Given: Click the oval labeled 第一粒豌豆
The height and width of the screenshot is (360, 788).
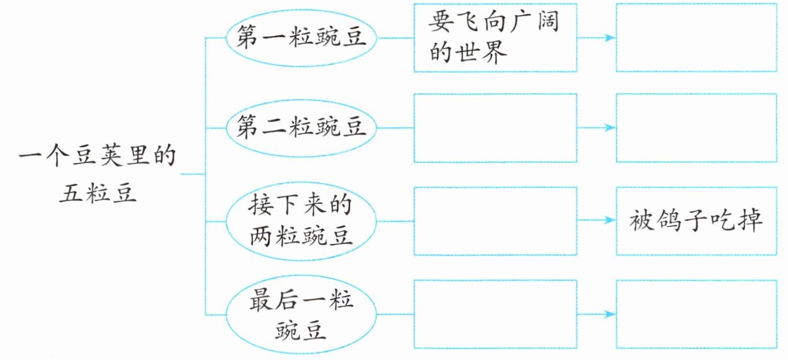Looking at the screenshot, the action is [x=301, y=39].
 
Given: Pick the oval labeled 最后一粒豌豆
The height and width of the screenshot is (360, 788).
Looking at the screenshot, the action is [x=301, y=314].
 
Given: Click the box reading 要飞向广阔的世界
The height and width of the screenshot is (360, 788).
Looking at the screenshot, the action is [x=495, y=38].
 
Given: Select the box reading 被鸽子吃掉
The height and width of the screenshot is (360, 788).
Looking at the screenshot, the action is [x=696, y=221].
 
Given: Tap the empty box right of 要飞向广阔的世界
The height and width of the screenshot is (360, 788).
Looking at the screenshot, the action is [x=696, y=38].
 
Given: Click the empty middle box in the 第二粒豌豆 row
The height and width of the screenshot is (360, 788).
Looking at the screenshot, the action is [x=495, y=128].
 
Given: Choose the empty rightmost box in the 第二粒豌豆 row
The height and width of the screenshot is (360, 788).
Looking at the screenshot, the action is [x=696, y=128].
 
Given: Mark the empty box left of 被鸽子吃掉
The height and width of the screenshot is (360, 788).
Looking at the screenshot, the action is [x=495, y=221].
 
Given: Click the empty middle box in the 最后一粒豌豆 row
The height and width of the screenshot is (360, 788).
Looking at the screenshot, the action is [x=495, y=314].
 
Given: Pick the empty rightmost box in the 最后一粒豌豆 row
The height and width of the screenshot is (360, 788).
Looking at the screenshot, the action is [x=696, y=314].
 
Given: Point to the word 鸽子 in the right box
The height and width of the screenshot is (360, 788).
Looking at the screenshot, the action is [x=682, y=221].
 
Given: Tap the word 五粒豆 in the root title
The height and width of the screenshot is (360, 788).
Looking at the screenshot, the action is [x=97, y=194].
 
